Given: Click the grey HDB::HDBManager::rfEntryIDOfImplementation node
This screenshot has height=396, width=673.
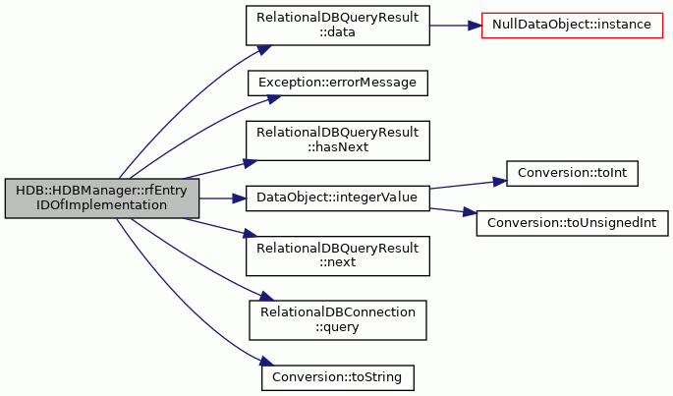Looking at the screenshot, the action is (102, 198).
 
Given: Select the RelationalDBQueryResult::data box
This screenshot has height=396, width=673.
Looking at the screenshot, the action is (338, 26).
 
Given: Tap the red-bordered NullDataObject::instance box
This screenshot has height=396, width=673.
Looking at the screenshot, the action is (572, 26).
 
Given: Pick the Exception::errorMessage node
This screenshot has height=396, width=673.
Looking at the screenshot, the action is (338, 83).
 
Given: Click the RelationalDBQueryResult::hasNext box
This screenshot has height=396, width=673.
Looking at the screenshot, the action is (338, 141).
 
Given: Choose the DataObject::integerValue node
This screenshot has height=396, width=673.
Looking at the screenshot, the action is (338, 198).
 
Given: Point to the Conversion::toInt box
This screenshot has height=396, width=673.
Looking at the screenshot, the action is (572, 174).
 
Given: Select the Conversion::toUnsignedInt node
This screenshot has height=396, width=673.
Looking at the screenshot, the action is (572, 223).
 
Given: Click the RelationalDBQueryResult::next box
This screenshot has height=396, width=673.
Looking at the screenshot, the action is (338, 256).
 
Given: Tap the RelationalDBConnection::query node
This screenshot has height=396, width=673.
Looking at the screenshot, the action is (338, 320).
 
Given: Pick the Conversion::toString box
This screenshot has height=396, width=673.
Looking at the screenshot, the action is (338, 378).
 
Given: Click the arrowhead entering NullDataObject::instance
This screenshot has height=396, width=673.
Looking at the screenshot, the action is (475, 26).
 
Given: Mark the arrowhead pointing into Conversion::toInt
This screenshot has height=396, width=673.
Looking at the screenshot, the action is (500, 182).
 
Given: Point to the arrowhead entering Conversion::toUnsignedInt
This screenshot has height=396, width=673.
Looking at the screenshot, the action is (470, 212).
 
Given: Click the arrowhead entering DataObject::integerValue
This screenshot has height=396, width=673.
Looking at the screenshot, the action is (239, 198).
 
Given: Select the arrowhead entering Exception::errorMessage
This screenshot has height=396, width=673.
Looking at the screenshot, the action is (273, 99).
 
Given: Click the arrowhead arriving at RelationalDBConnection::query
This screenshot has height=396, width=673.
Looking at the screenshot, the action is (266, 297).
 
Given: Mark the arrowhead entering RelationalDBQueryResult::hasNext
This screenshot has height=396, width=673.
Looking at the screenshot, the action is (251, 164).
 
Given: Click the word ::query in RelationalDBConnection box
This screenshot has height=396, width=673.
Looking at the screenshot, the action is (337, 327).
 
